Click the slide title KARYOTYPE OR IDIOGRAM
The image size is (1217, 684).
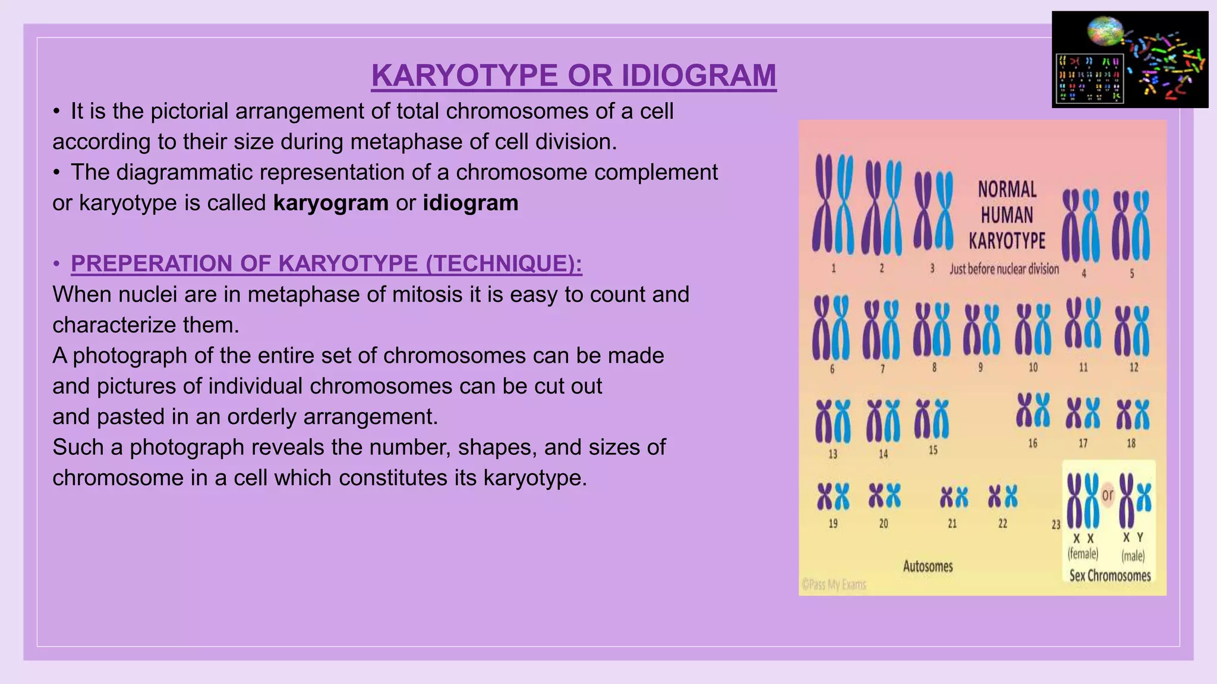573,75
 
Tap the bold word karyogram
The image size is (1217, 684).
330,203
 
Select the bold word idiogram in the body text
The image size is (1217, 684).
471,203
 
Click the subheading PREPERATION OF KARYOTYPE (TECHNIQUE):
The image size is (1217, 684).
326,264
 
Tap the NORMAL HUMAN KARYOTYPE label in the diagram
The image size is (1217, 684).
1007,215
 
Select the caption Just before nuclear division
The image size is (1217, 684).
1004,269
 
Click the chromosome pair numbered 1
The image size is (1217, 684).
833,204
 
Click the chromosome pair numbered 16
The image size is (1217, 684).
1033,410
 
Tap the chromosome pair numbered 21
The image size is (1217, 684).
953,498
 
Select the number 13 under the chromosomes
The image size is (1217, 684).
833,454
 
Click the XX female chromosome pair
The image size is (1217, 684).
1083,500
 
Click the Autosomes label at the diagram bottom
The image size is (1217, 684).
928,566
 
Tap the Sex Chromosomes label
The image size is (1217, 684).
1109,575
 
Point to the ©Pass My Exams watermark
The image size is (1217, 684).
834,585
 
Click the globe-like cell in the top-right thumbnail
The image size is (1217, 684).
1105,31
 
